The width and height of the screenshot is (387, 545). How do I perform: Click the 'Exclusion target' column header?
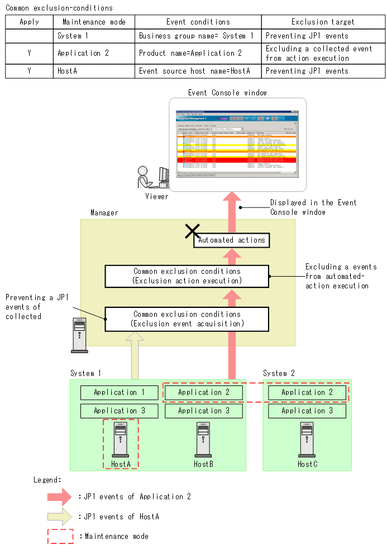point(323,22)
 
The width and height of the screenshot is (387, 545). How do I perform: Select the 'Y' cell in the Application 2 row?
point(29,53)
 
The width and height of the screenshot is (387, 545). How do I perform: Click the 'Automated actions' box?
point(232,240)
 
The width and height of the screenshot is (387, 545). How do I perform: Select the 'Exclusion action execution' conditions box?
point(187,276)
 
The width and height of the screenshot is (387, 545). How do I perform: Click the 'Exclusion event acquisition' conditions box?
point(187,319)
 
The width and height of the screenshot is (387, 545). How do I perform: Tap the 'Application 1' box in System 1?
point(119,393)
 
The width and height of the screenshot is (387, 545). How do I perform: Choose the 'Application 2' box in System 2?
point(307,393)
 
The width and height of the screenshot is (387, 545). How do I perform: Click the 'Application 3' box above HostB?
point(203,411)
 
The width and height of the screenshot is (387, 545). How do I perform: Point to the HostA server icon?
point(121,440)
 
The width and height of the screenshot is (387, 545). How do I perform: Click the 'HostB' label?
point(203,464)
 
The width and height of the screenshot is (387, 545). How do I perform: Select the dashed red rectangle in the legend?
point(60,536)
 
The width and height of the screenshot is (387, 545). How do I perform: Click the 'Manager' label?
point(104,213)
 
